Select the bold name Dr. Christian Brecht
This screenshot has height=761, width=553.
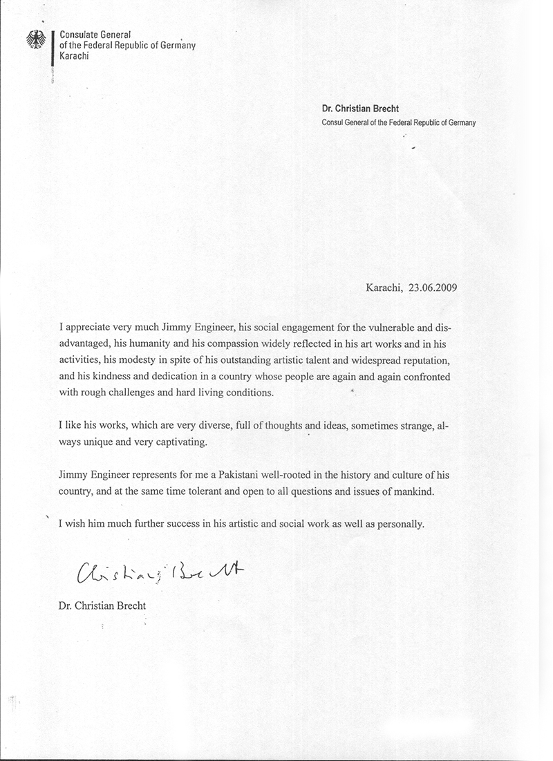(361, 109)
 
